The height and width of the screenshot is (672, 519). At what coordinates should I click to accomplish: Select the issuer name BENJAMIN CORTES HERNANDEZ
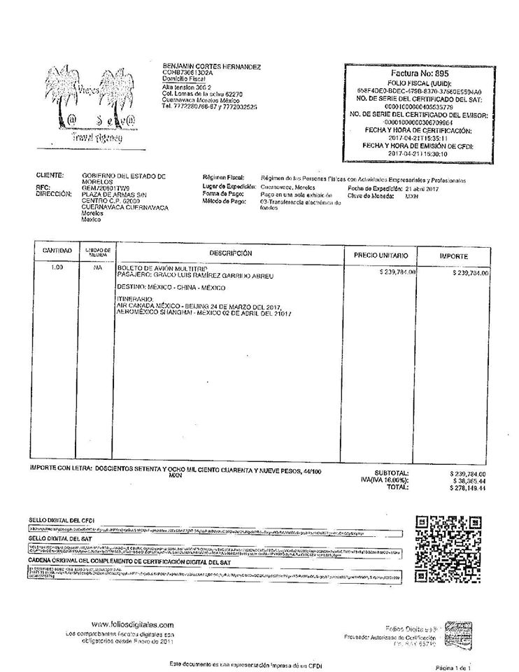(x=211, y=66)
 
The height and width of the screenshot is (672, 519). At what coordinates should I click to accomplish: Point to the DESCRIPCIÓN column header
(x=230, y=253)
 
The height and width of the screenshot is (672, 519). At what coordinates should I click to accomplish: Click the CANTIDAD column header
(x=56, y=250)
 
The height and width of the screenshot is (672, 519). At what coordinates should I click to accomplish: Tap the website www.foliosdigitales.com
(x=131, y=624)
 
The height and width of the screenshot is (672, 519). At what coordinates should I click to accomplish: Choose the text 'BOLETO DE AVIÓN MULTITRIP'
(x=160, y=268)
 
